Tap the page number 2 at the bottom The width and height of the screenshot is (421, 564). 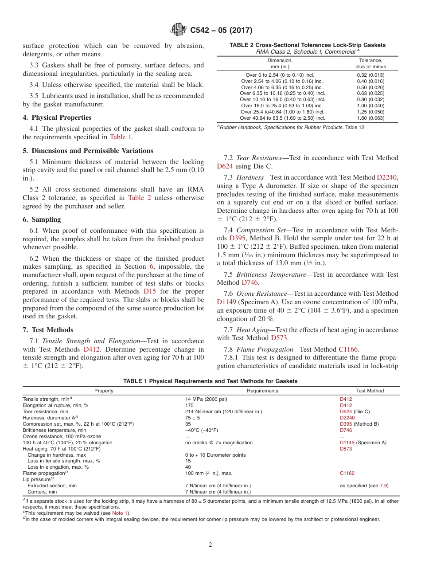click(x=210, y=544)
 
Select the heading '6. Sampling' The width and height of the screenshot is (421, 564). click(x=42, y=219)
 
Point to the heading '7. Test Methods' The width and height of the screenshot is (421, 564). click(x=48, y=330)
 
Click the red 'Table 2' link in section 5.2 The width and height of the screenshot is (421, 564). click(x=140, y=198)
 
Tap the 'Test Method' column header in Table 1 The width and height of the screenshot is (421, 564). click(x=370, y=391)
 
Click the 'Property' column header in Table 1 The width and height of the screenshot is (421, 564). click(x=104, y=391)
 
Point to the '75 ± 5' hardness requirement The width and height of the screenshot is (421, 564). click(x=193, y=418)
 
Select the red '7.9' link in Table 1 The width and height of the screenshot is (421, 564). click(x=383, y=486)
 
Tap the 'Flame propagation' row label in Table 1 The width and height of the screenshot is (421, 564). click(x=45, y=473)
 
